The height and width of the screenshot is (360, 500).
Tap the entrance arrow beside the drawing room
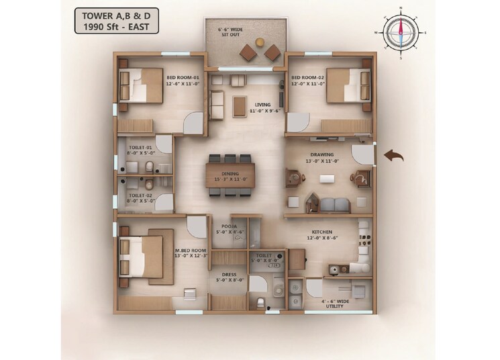[393, 156]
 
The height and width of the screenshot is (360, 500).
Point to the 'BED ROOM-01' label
[183, 78]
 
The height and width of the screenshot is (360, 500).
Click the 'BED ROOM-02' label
[308, 78]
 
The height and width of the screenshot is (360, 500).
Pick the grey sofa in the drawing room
[334, 204]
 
